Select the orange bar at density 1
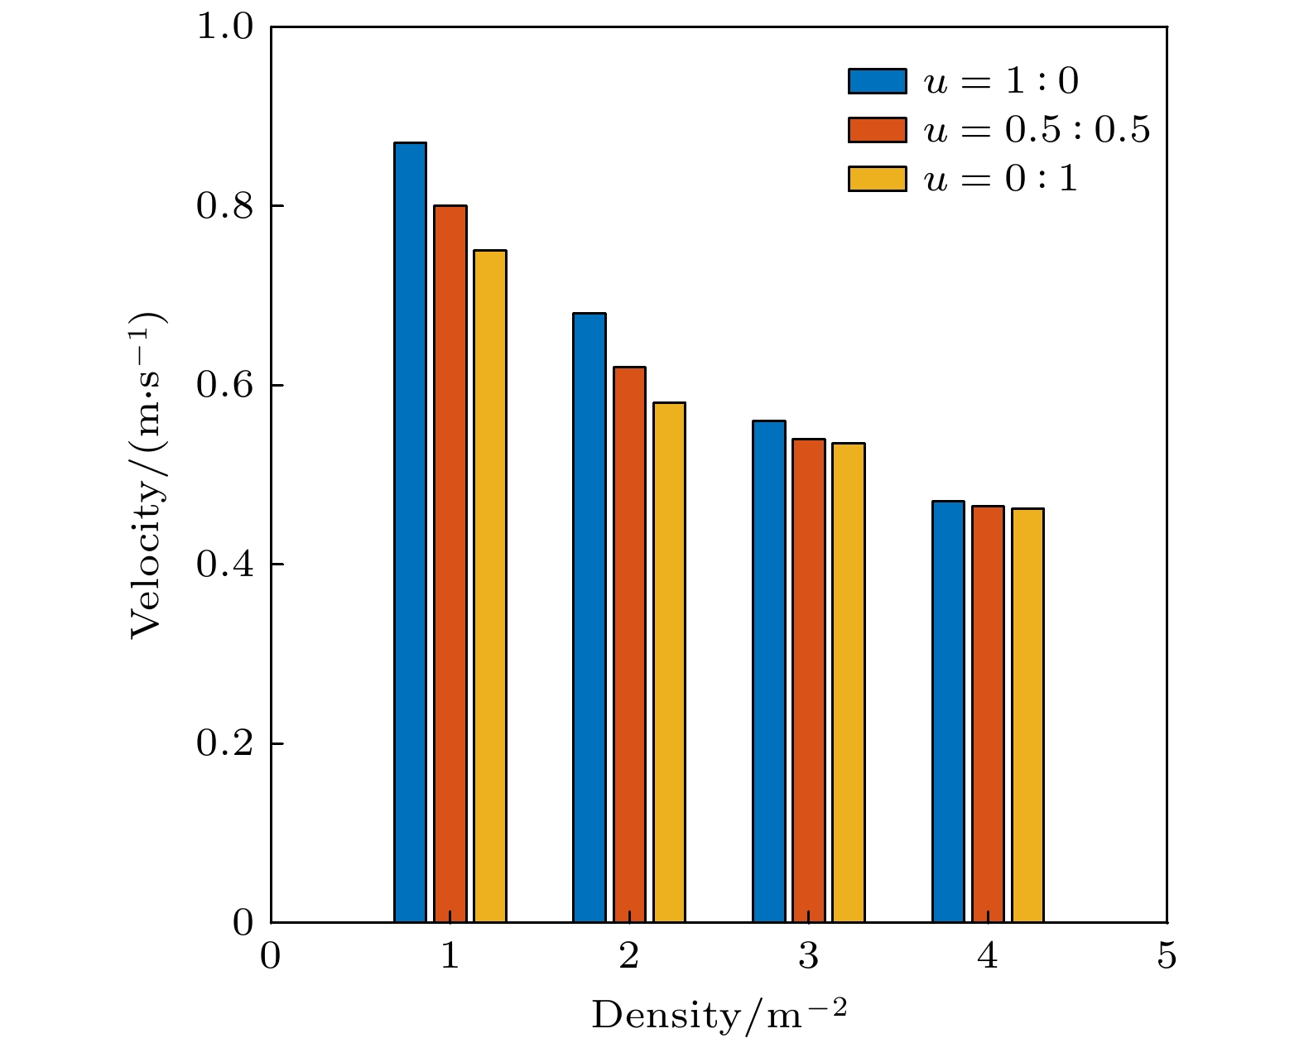point(450,564)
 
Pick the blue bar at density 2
point(589,618)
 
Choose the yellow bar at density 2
point(669,662)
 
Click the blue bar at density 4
point(948,712)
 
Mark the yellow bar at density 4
point(1027,715)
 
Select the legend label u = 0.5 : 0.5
point(1037,130)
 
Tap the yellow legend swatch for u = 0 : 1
point(877,179)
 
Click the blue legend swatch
point(877,81)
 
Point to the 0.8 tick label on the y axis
point(224,206)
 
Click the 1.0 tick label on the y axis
point(224,27)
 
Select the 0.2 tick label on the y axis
point(224,743)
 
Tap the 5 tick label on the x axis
point(1167,957)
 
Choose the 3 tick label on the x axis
point(809,957)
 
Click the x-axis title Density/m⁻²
point(719,1015)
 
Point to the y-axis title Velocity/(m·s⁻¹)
point(149,476)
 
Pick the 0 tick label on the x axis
point(271,957)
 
